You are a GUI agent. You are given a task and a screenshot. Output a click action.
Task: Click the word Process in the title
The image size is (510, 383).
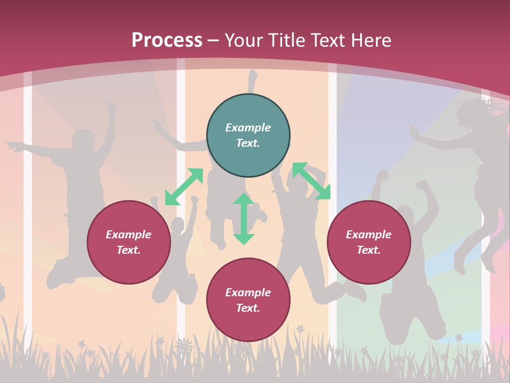(167, 40)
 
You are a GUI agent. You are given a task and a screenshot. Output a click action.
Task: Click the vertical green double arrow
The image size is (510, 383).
(244, 219)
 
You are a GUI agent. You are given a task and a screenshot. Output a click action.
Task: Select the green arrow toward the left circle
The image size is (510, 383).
(184, 187)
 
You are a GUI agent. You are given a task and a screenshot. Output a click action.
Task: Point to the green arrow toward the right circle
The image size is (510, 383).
(311, 181)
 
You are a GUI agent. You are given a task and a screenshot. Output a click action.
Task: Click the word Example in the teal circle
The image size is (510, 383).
(248, 128)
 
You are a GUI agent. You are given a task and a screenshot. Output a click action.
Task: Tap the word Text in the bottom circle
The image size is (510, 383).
(248, 308)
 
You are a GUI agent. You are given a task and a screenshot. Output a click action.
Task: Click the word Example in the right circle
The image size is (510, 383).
(369, 235)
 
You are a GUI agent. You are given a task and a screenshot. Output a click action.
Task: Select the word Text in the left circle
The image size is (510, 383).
(129, 250)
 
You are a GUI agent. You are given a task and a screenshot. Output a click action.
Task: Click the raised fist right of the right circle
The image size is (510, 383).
(422, 186)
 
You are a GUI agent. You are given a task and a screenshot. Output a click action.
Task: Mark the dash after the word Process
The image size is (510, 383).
(213, 40)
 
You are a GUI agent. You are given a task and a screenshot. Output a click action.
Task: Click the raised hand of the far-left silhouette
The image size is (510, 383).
(111, 109)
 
